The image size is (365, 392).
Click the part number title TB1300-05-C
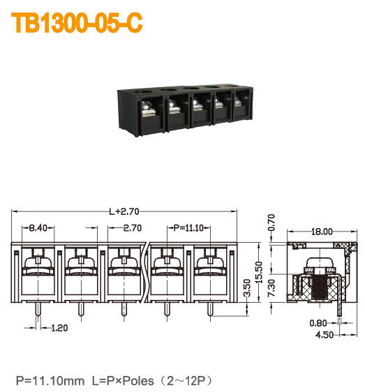tap(77, 23)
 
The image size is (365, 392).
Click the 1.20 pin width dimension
tap(60, 326)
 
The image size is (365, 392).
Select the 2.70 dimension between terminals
tap(133, 228)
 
